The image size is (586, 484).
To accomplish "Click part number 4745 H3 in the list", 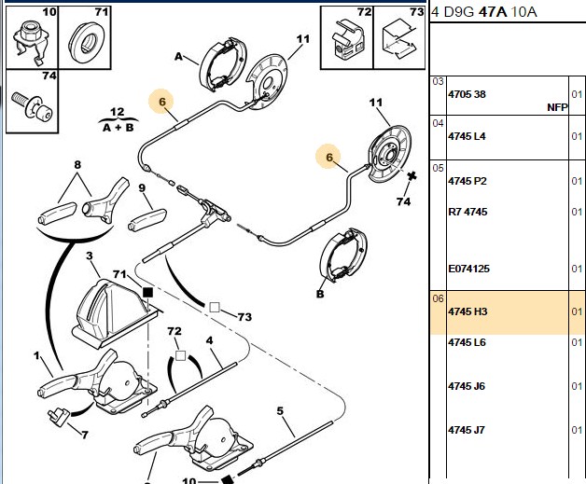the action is [467, 311].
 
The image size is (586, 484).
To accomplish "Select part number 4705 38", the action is [467, 94].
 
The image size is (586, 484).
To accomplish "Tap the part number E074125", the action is [468, 269].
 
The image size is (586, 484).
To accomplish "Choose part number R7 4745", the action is [467, 212].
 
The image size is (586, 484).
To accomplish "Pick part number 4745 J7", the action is [467, 430].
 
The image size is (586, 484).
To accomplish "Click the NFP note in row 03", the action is [557, 107].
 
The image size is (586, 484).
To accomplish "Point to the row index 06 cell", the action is [438, 298].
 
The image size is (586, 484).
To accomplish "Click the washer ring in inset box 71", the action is [87, 42].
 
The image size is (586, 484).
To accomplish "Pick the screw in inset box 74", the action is [32, 107].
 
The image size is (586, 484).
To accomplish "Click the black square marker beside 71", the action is [148, 293].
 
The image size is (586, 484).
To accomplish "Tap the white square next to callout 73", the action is [214, 308].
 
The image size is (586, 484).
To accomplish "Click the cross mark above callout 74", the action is [412, 176].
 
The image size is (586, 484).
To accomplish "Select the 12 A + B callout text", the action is [118, 120].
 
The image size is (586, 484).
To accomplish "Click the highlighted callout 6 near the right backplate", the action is [328, 158].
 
